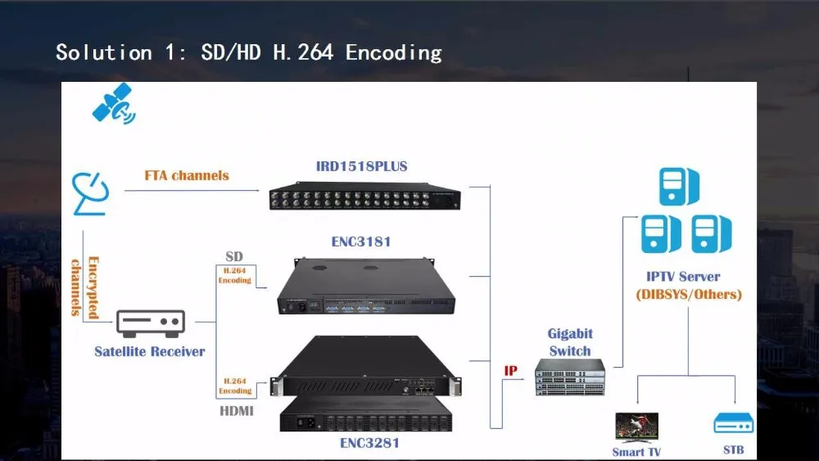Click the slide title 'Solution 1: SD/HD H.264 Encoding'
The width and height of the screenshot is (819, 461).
248,53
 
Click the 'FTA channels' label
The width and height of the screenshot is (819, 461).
187,175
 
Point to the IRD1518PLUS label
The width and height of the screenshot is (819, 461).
361,166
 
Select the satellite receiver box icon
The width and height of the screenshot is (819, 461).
151,323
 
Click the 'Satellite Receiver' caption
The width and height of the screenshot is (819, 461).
150,352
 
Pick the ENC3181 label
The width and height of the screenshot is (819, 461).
360,242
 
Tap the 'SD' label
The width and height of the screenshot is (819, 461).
234,257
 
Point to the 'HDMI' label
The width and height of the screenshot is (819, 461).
236,410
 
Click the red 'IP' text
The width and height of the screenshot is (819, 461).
510,371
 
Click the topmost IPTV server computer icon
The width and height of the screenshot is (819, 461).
679,186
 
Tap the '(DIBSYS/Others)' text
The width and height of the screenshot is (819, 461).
688,294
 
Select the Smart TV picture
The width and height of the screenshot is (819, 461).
636,427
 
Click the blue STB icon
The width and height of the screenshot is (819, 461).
733,423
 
